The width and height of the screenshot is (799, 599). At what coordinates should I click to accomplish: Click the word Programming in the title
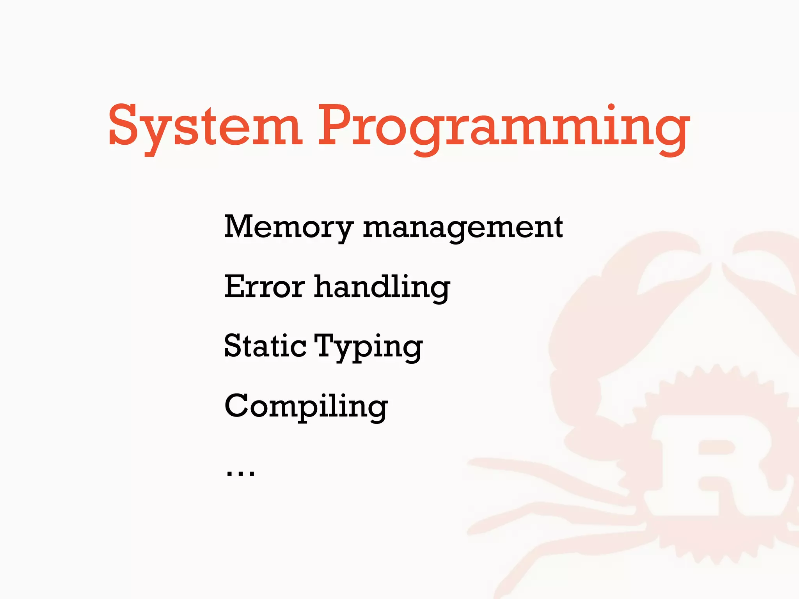click(x=503, y=127)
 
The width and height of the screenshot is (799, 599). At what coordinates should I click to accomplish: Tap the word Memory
click(x=289, y=227)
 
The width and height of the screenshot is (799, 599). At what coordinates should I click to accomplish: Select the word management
click(x=463, y=228)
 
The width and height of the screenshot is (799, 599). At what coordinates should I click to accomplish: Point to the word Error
click(x=264, y=287)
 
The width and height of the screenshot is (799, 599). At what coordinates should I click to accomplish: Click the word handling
click(x=382, y=288)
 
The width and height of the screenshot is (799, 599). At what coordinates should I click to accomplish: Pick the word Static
click(x=265, y=346)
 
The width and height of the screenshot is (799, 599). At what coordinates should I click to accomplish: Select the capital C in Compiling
click(x=238, y=406)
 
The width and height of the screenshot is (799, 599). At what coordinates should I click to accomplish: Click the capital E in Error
click(x=236, y=286)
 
